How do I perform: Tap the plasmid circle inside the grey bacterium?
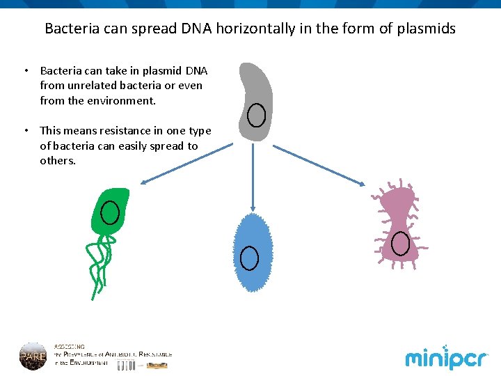pos(257,115)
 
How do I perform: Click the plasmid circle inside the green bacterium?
pos(110,212)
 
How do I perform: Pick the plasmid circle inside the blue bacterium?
pos(249,258)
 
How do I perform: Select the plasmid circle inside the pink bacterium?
pos(400,243)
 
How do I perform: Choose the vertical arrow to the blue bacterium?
pos(253,178)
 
